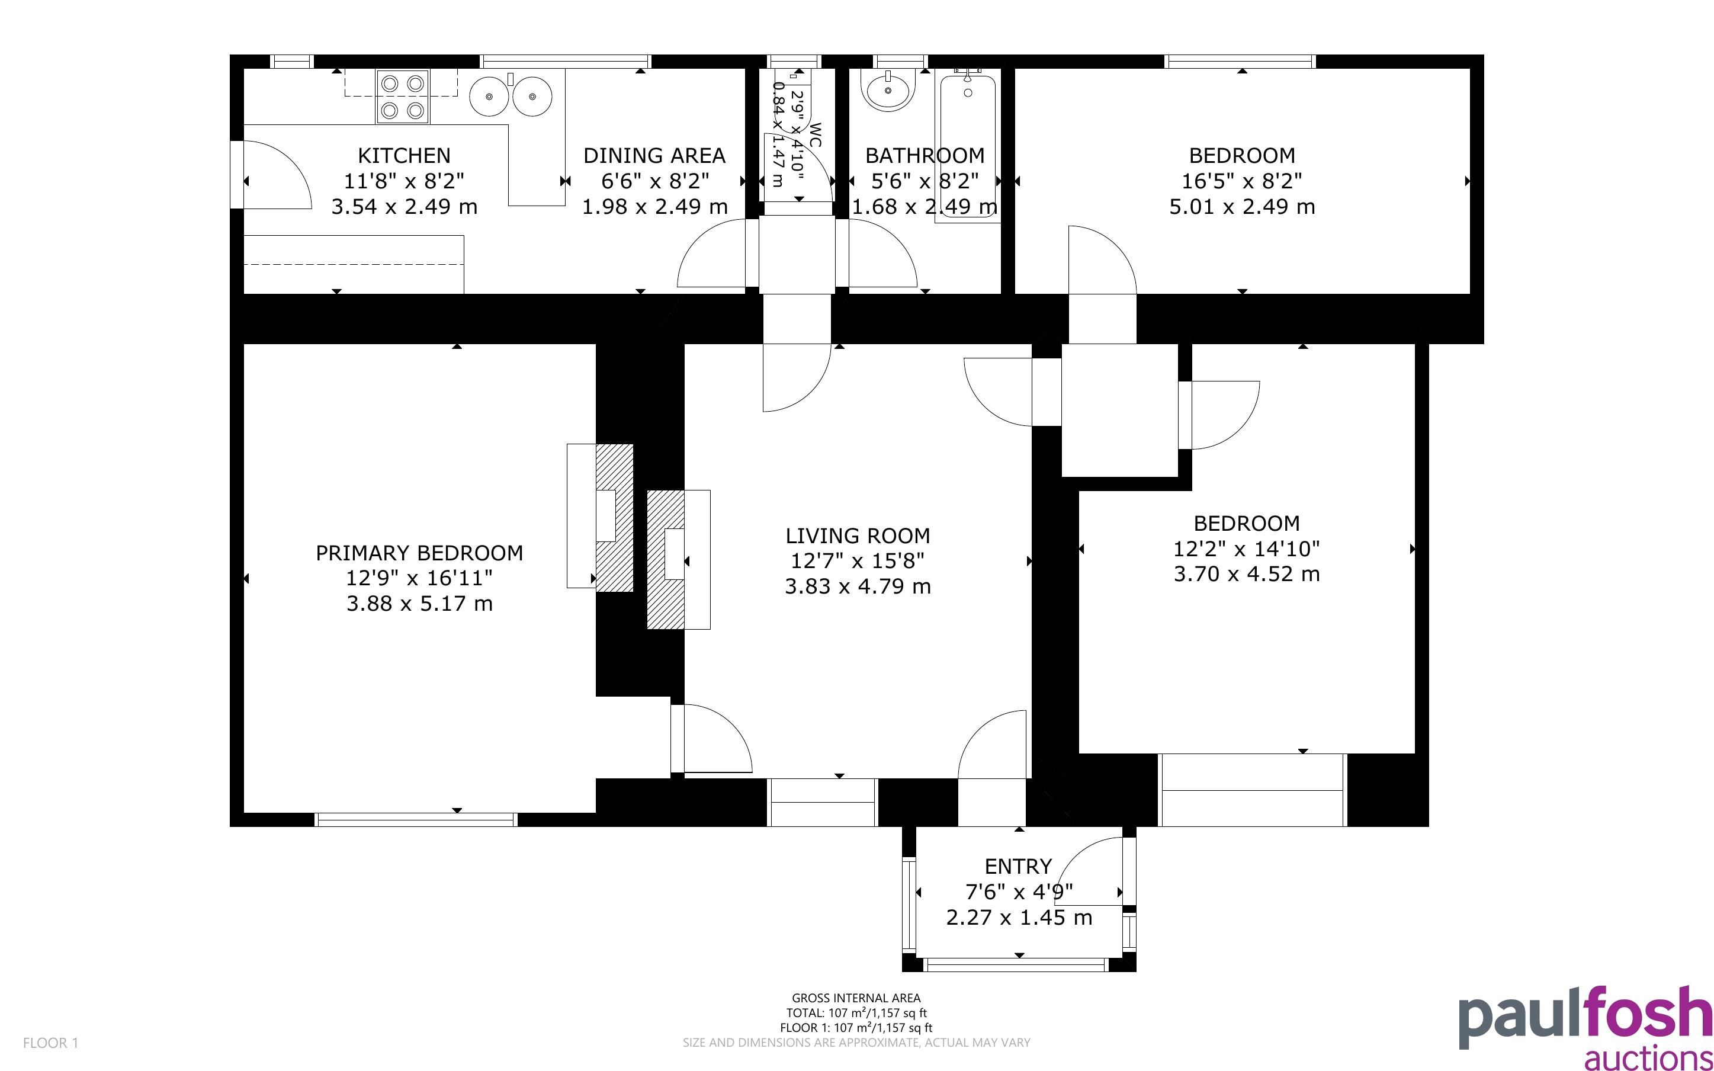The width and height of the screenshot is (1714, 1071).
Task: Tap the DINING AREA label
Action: tap(654, 155)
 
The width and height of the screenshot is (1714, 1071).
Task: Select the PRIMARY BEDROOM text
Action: tap(419, 553)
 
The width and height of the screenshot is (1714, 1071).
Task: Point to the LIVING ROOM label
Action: tap(858, 535)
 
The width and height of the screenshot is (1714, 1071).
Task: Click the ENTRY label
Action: tap(1018, 866)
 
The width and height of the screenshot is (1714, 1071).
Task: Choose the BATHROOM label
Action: tap(925, 155)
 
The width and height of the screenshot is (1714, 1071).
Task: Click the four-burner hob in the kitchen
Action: tap(403, 97)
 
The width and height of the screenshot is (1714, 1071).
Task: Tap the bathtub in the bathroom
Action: tap(968, 145)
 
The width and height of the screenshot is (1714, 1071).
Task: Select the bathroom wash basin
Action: tap(888, 90)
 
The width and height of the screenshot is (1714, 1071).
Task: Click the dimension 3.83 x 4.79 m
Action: tap(858, 586)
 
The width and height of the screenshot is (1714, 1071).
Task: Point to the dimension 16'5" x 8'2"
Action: tap(1242, 181)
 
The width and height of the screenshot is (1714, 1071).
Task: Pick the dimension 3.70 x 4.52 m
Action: tap(1247, 574)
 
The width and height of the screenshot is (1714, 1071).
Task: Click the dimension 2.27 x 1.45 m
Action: tap(1019, 918)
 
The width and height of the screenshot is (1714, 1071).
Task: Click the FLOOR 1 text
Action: tap(50, 1043)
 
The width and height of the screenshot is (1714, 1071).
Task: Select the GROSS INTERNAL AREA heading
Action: tap(856, 998)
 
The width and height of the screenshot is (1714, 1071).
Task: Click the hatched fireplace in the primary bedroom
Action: tap(614, 517)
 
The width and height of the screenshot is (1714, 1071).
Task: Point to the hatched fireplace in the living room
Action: tap(666, 560)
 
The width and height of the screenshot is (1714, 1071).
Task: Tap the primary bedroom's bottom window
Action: tap(416, 820)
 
